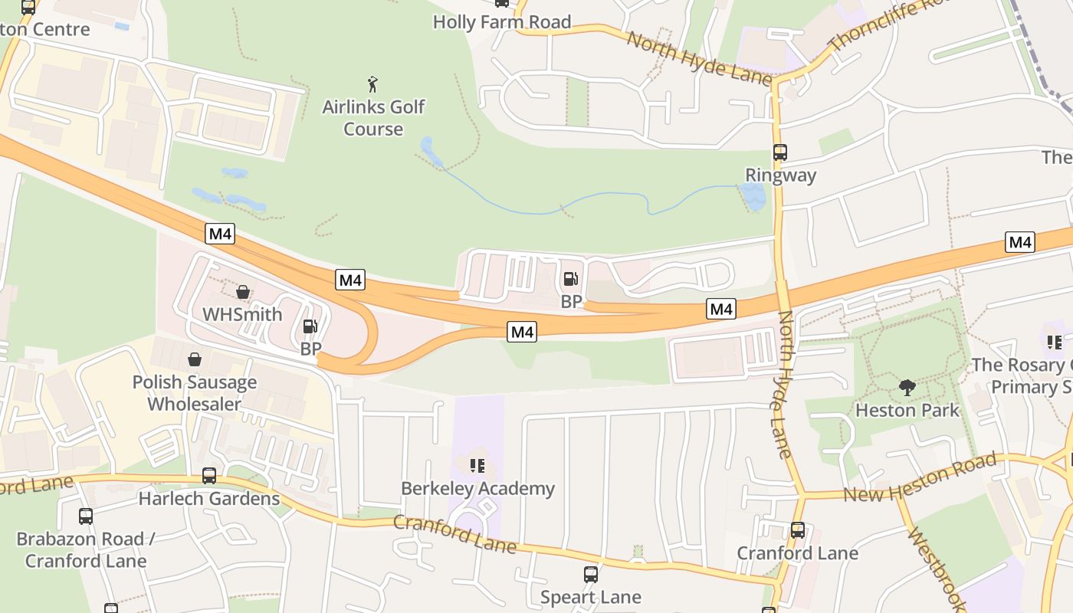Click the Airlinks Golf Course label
pyautogui.click(x=373, y=118)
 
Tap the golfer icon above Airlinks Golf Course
pyautogui.click(x=373, y=84)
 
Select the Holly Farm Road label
pyautogui.click(x=502, y=22)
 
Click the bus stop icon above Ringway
pyautogui.click(x=780, y=152)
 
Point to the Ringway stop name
pyautogui.click(x=780, y=175)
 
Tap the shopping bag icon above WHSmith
pyautogui.click(x=243, y=292)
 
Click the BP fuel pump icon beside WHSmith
pyautogui.click(x=310, y=327)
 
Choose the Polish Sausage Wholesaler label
pyautogui.click(x=195, y=393)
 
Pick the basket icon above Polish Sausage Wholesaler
pyautogui.click(x=195, y=359)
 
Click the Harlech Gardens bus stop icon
pyautogui.click(x=209, y=476)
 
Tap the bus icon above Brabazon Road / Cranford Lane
pyautogui.click(x=86, y=516)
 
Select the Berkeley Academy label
pyautogui.click(x=477, y=489)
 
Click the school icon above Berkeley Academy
pyautogui.click(x=477, y=465)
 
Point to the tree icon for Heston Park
pyautogui.click(x=907, y=388)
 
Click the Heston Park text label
pyautogui.click(x=907, y=411)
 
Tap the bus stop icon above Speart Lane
pyautogui.click(x=590, y=575)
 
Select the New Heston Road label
pyautogui.click(x=919, y=477)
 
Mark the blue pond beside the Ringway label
pyautogui.click(x=754, y=198)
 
